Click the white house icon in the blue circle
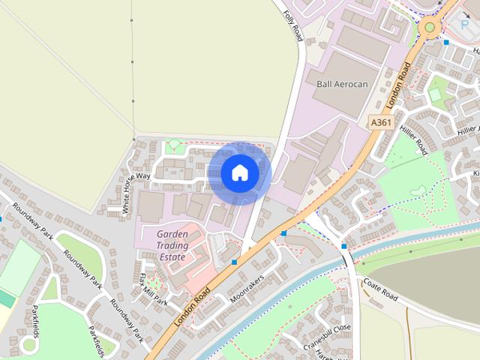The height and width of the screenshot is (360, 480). point(240,173)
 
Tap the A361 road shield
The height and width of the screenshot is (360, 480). point(380,122)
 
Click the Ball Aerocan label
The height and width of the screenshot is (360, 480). point(343,84)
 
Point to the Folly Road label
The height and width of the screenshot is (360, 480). point(292,25)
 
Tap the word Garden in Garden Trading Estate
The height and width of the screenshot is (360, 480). point(172,234)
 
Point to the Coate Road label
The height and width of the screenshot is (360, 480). point(380,289)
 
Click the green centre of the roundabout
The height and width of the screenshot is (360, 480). point(430,28)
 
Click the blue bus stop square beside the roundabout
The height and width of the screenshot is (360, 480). point(447,43)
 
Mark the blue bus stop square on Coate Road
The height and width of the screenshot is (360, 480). point(343,246)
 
